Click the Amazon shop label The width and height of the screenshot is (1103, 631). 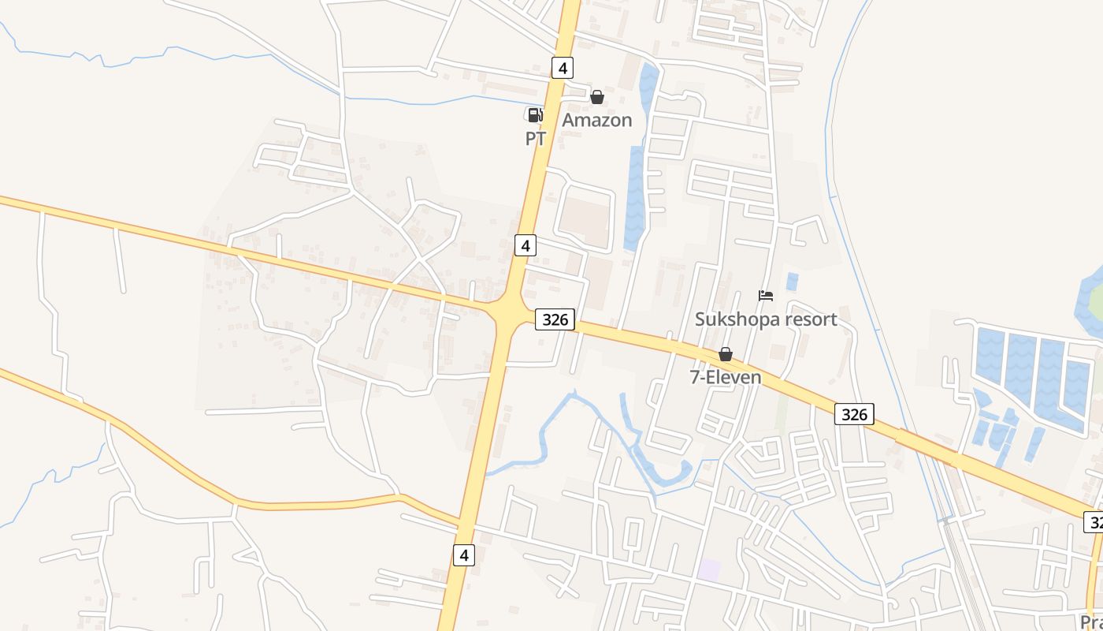(596, 120)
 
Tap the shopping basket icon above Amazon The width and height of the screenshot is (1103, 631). (597, 97)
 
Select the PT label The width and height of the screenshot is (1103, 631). (536, 139)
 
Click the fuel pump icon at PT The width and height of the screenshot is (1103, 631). (535, 115)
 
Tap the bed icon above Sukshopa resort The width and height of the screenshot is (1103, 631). (766, 296)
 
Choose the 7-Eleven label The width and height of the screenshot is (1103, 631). (726, 377)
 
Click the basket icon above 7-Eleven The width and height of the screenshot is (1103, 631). (726, 354)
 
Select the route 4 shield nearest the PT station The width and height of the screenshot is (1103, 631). (561, 68)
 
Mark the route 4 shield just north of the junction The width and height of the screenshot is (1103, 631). (526, 245)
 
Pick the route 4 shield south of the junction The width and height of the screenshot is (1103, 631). (464, 554)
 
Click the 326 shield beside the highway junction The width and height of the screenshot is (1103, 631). (555, 319)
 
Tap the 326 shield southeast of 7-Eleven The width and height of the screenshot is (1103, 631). (854, 414)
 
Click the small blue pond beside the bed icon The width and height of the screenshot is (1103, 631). (792, 282)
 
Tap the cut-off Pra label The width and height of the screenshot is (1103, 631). (1091, 622)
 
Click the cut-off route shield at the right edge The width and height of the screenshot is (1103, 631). (1094, 521)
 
